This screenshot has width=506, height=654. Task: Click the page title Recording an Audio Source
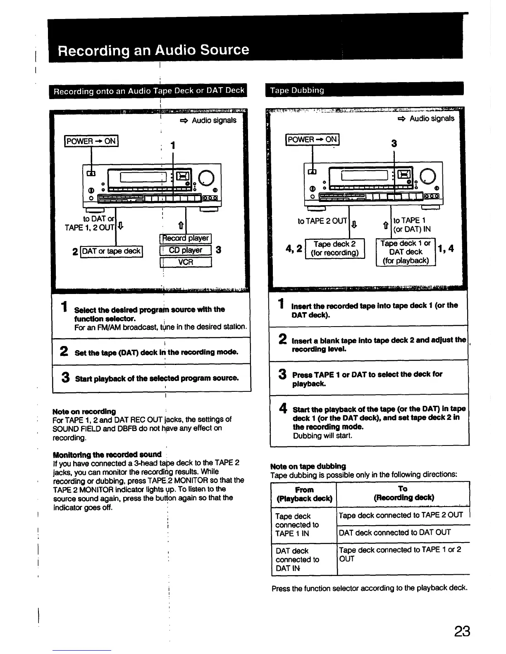[x=153, y=50]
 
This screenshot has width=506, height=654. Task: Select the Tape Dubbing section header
[x=297, y=90]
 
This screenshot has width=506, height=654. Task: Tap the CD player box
[x=186, y=250]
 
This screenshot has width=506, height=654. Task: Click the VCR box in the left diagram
[x=186, y=262]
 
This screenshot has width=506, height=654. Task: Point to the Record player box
[x=186, y=238]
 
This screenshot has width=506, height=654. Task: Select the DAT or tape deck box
[x=111, y=251]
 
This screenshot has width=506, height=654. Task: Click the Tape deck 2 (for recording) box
[x=335, y=249]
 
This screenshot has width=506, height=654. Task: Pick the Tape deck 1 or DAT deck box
[x=406, y=252]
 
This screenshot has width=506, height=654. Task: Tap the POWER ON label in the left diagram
[x=91, y=141]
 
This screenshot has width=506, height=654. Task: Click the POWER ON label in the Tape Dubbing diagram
[x=312, y=140]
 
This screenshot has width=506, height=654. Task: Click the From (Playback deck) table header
[x=304, y=494]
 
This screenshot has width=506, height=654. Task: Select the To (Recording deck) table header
[x=403, y=493]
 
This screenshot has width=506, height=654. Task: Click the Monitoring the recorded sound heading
[x=107, y=455]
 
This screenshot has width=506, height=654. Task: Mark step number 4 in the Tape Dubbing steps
[x=283, y=408]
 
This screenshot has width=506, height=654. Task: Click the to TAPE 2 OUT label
[x=322, y=221]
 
